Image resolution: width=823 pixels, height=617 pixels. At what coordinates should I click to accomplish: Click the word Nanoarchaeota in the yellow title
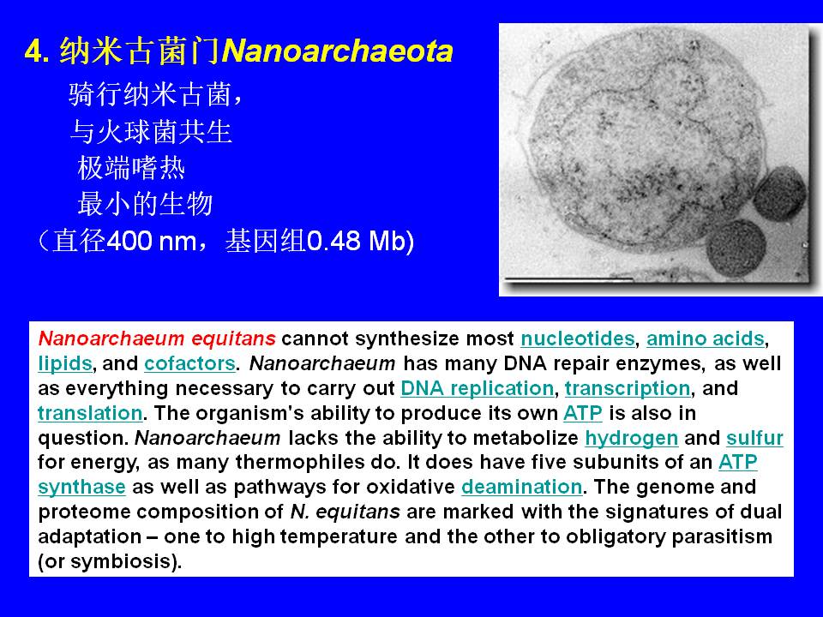click(337, 51)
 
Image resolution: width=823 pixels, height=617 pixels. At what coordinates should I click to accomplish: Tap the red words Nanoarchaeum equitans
click(157, 338)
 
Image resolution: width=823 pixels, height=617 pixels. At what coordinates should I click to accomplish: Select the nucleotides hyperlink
click(577, 338)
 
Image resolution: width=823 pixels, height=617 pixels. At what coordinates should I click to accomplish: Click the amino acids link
click(705, 338)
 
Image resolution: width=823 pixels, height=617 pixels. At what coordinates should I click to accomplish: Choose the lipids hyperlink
click(65, 363)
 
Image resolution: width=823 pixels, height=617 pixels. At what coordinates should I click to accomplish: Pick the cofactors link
click(189, 363)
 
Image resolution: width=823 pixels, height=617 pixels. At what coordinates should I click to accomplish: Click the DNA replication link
click(478, 388)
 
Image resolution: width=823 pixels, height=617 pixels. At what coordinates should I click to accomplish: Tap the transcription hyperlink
click(628, 388)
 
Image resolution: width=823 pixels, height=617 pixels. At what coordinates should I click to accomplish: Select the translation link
click(90, 413)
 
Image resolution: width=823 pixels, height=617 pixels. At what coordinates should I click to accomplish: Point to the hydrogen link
click(632, 438)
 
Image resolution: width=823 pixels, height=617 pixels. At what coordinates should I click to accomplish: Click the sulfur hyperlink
click(754, 438)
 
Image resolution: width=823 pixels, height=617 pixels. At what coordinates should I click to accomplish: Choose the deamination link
click(522, 487)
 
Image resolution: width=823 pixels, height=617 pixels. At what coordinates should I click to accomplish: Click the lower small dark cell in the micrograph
click(736, 247)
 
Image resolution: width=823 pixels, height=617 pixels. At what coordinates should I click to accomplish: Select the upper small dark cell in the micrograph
click(780, 193)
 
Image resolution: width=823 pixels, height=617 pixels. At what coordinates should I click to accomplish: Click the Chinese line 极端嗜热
click(131, 169)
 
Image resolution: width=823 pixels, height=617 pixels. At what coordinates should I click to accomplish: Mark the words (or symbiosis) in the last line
click(110, 561)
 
